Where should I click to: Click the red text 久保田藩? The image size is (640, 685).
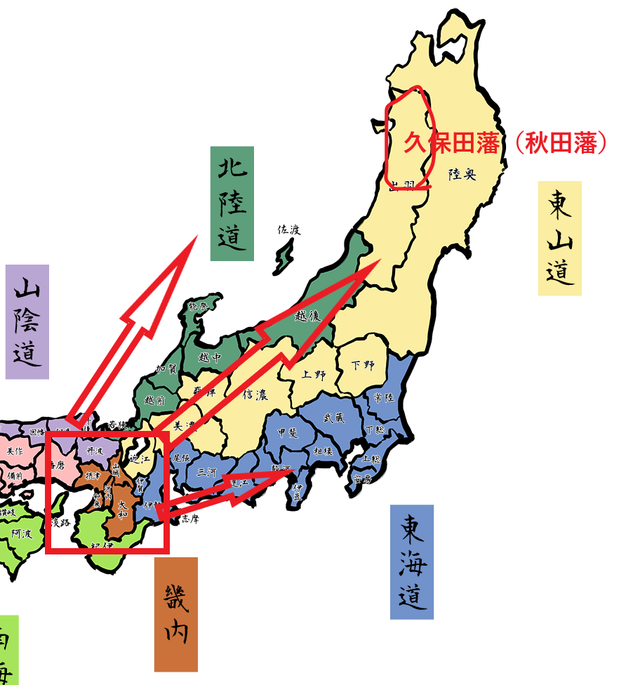(x=451, y=143)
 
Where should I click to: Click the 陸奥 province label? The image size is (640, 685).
(x=462, y=173)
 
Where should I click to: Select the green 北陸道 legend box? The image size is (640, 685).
(x=232, y=204)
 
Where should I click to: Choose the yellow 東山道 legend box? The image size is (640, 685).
(x=559, y=239)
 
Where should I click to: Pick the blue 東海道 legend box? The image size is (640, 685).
(x=412, y=561)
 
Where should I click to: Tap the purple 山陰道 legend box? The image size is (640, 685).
(x=27, y=321)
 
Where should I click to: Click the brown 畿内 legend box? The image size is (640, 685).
(x=175, y=614)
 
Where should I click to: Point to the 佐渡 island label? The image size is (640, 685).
(x=288, y=230)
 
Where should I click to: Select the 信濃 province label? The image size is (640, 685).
(x=255, y=394)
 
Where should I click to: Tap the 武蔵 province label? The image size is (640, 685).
(x=334, y=417)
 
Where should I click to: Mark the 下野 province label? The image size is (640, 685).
(x=363, y=366)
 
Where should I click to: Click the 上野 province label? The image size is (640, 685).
(x=314, y=375)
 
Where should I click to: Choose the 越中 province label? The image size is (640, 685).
(x=209, y=357)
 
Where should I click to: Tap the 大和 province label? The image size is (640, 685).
(x=124, y=509)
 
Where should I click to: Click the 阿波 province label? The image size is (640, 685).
(x=21, y=533)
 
